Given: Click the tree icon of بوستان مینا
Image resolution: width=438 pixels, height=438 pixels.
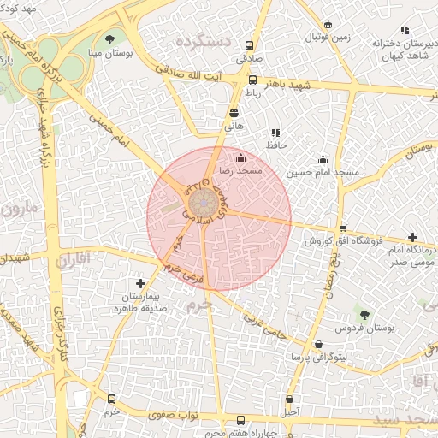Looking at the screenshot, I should coord(109,39).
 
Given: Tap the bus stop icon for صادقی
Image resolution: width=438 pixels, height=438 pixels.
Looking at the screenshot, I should coord(250,46).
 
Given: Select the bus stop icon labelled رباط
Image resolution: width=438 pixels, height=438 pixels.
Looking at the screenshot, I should coord(252,80).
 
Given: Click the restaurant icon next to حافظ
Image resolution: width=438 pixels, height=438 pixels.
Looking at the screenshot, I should coord(275,133).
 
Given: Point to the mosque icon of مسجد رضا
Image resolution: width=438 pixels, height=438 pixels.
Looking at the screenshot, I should coord(240,157).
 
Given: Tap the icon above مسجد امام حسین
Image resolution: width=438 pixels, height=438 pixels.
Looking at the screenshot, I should coord(323,158).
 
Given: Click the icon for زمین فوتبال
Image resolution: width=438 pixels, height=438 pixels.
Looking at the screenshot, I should coord(328,25).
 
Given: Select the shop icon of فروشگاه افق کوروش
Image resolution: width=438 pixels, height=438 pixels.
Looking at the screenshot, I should coord(343,228).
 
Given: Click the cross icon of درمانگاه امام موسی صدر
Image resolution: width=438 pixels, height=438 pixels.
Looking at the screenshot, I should coord(413,237).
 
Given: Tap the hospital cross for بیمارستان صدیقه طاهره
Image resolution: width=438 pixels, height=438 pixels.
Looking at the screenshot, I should coord(140,283).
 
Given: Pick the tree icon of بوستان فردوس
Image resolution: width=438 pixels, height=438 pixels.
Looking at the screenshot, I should coord(365,317).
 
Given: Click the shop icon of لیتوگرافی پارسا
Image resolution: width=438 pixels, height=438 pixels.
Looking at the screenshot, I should coord(318,344).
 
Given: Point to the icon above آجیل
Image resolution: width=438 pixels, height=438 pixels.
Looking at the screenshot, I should coord(290,399).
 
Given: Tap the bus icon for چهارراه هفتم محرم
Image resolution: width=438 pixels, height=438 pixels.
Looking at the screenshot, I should coord(240,421).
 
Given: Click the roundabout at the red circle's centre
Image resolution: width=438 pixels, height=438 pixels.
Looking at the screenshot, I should coord(203,203).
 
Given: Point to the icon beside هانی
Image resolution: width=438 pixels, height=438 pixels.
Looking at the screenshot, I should coord(234,112).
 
